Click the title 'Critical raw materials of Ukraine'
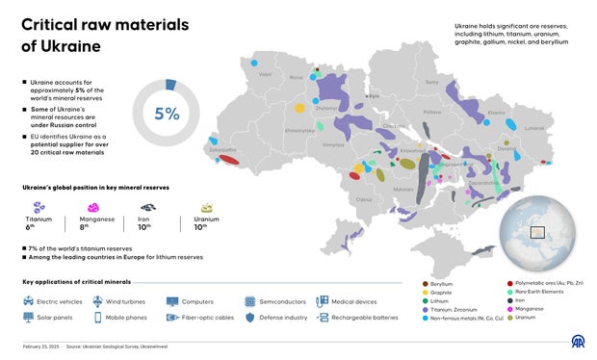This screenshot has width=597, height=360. (91, 35)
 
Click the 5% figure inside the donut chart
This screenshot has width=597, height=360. (168, 114)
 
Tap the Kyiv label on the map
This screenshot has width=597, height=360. (376, 95)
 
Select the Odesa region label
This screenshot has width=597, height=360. (364, 199)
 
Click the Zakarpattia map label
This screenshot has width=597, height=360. (222, 149)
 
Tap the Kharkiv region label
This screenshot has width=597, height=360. (497, 114)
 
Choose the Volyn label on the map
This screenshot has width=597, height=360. (266, 74)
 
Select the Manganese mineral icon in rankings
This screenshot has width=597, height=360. (94, 207)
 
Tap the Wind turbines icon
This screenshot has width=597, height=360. (98, 301)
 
